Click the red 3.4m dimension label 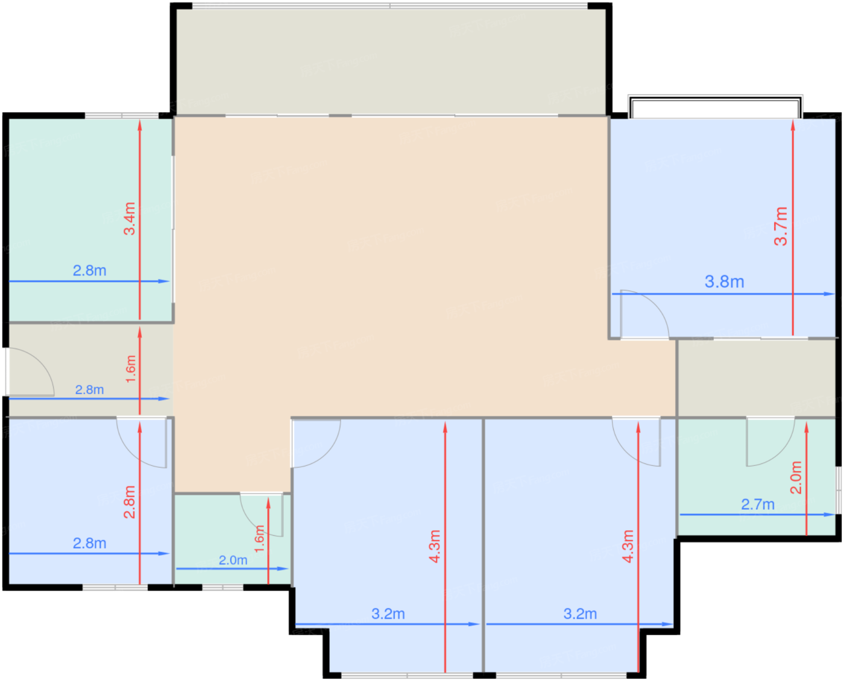(x=130, y=218)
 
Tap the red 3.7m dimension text (x=781, y=226)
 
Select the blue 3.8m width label (x=725, y=281)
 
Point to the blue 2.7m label (x=758, y=504)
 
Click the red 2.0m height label (x=796, y=477)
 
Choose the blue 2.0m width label (x=233, y=560)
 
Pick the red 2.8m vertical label (x=130, y=502)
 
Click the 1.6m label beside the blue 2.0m (x=259, y=539)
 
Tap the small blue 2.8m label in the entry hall (x=90, y=390)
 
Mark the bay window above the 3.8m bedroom (x=715, y=106)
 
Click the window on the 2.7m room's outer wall (x=838, y=490)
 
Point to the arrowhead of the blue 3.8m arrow (x=829, y=294)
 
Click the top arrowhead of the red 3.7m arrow (x=793, y=125)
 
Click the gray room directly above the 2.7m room (x=757, y=378)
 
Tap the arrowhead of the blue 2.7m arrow (x=830, y=515)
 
